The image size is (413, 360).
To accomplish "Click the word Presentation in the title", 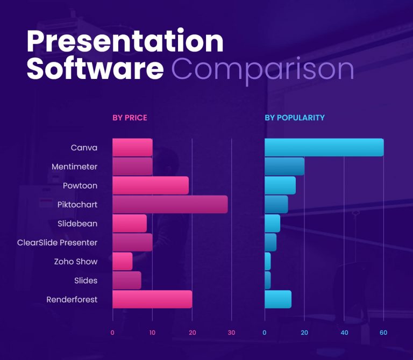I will click(x=125, y=41).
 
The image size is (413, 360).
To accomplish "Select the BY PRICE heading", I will click(x=130, y=118).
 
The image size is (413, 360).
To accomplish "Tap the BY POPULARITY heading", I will click(x=294, y=118).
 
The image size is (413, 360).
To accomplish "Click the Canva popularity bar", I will click(x=324, y=148).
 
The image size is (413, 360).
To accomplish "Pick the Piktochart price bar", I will click(x=170, y=205).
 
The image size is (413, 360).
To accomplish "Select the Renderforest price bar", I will click(x=152, y=299).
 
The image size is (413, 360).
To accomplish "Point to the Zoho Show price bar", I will click(x=122, y=262).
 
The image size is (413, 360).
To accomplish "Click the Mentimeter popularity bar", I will click(x=284, y=167).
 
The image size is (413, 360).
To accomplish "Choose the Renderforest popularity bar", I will click(x=278, y=299).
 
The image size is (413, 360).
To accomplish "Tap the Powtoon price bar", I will click(x=151, y=185).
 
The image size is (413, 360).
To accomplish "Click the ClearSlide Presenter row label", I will click(x=58, y=242).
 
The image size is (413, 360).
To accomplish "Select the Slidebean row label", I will click(x=77, y=224).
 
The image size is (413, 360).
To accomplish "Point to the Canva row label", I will click(x=84, y=148).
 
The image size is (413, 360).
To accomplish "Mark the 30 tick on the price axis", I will click(x=232, y=333).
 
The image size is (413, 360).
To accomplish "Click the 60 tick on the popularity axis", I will click(x=383, y=333).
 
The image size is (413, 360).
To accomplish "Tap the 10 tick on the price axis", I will click(x=152, y=333).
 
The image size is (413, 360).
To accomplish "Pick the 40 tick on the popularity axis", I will click(x=344, y=333).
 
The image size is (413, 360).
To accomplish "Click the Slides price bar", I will click(x=127, y=280).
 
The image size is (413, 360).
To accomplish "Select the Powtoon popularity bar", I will click(x=280, y=185).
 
